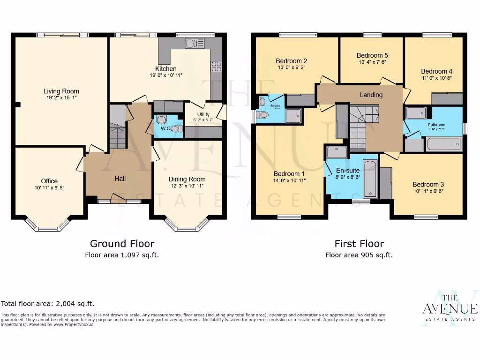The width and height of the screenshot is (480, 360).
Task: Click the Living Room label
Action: (61, 91)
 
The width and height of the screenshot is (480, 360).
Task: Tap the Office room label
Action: (49, 181)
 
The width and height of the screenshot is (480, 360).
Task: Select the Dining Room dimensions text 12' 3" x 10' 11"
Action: (187, 187)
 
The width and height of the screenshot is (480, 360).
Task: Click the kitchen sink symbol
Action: (195, 44)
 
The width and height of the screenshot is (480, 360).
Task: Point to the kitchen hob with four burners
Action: (216, 66)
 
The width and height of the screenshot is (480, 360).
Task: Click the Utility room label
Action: (203, 114)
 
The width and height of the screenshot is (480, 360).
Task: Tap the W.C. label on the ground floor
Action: (165, 128)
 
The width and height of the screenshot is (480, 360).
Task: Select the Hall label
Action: (120, 179)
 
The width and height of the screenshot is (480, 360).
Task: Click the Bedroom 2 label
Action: (291, 61)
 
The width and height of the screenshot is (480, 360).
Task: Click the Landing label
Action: (371, 95)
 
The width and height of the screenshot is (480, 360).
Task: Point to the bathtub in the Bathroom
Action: (443, 143)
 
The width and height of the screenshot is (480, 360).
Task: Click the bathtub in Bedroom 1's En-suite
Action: (369, 179)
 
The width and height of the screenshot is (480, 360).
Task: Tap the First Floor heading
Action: (359, 244)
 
